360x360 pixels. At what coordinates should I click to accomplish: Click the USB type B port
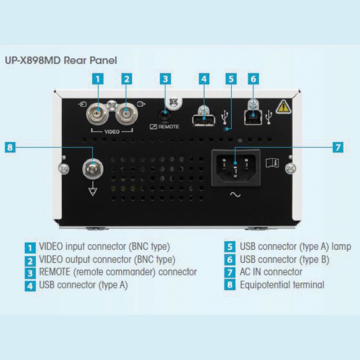[253, 117]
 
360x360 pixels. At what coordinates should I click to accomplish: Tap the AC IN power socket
[235, 167]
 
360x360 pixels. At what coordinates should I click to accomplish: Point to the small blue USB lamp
[228, 129]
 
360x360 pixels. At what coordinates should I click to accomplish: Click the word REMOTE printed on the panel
[169, 127]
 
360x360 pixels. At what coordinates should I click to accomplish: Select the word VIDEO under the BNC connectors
[112, 131]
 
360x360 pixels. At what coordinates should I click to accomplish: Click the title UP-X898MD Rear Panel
[60, 59]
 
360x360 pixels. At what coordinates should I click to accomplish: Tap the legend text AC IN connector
[271, 272]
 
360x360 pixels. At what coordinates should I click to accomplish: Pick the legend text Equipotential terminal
[282, 284]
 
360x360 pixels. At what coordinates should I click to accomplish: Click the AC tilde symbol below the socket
[235, 195]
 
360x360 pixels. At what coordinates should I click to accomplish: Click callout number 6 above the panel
[253, 79]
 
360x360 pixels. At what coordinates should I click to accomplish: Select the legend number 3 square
[30, 273]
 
